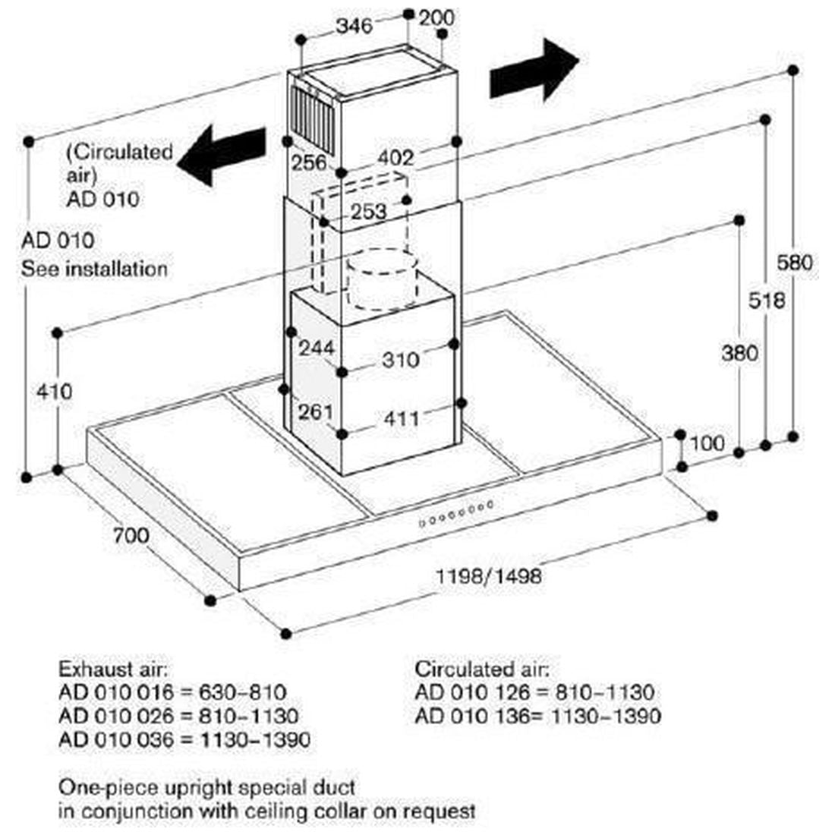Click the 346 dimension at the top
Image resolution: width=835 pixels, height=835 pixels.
354,25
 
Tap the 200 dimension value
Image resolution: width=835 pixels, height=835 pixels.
436,17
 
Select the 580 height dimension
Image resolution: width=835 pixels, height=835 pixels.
795,263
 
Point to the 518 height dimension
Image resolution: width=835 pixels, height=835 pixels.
767,301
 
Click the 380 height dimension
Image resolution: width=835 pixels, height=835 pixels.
739,353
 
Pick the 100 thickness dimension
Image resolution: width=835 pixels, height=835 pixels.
707,443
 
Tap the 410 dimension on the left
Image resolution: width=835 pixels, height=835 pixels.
55,392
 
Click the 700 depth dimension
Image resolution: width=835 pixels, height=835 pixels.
131,534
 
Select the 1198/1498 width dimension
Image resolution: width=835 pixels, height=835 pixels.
488,575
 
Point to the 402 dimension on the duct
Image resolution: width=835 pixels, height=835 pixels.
395,158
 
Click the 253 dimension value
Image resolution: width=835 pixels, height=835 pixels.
368,212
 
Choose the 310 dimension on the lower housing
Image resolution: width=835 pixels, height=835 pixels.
401,360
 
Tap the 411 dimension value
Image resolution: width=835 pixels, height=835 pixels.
402,418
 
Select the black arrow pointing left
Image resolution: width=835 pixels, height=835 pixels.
222,155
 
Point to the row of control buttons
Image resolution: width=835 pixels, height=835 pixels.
456,513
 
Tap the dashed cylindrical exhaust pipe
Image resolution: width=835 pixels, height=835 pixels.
381,281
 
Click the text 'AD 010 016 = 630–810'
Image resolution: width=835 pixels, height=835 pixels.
172,692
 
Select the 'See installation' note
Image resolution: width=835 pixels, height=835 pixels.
94,269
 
